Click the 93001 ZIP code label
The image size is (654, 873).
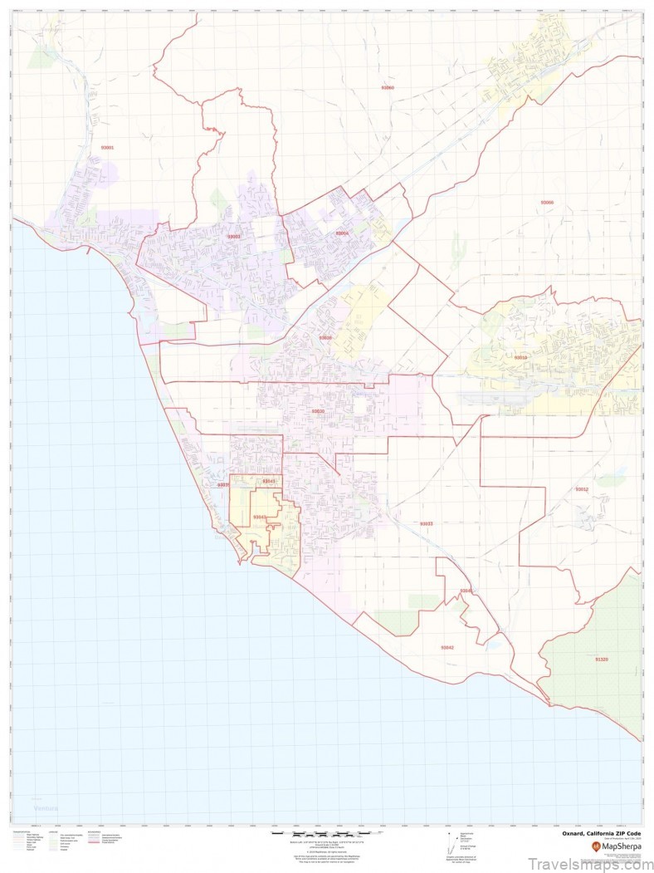(107, 147)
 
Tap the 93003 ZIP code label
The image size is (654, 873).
(234, 237)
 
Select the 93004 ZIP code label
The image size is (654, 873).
(342, 233)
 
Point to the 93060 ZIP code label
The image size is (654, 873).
(387, 87)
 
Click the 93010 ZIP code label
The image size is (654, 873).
(520, 357)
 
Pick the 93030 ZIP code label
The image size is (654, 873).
(318, 411)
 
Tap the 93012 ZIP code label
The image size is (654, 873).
(581, 489)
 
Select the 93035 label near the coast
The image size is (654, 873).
(222, 485)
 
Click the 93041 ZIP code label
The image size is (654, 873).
(268, 481)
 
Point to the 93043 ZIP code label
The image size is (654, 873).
(260, 517)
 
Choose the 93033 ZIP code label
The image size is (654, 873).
(426, 523)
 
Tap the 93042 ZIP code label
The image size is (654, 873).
(447, 647)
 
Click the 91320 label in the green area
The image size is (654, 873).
(602, 659)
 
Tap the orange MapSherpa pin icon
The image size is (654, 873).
(595, 846)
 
